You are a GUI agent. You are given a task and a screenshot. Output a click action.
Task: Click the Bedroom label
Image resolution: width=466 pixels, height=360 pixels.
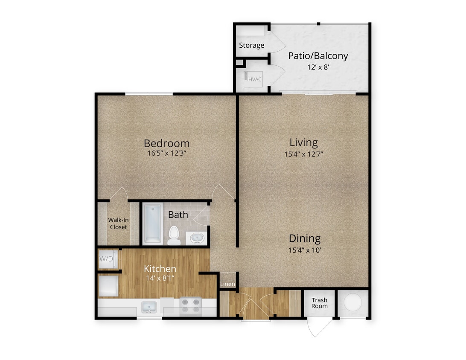[166, 143]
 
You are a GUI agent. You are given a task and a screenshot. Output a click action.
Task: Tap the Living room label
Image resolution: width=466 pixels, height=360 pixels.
[303, 142]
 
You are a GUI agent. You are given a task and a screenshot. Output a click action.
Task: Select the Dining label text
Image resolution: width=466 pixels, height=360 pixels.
[304, 238]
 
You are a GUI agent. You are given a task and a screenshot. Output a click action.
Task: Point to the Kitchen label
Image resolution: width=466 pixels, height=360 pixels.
[160, 269]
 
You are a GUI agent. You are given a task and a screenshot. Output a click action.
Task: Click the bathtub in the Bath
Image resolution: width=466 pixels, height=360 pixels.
[152, 224]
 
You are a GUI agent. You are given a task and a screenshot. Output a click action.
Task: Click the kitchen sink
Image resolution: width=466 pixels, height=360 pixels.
[149, 307]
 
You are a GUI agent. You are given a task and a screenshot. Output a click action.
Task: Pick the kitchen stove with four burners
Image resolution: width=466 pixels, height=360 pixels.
[190, 306]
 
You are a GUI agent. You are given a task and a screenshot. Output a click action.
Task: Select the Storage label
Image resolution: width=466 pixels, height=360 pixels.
[251, 45]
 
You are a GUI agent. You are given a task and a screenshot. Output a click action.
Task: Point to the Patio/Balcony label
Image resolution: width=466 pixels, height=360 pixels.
[318, 56]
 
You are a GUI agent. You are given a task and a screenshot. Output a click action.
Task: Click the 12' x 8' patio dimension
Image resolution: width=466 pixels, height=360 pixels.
[318, 67]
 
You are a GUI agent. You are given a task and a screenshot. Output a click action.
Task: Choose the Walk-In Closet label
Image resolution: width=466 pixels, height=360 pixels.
[118, 224]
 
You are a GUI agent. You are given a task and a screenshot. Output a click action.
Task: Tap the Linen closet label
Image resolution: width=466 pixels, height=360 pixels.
[227, 284]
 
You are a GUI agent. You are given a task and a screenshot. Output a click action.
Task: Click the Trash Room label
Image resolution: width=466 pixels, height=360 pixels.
[319, 303]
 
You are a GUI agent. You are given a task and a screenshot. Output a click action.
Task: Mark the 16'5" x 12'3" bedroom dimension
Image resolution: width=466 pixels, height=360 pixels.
[166, 154]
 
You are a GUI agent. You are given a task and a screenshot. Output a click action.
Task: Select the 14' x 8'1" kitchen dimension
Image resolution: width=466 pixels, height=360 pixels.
[160, 279]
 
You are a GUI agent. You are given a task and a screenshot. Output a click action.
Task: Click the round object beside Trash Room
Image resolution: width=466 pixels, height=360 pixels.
[353, 302]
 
